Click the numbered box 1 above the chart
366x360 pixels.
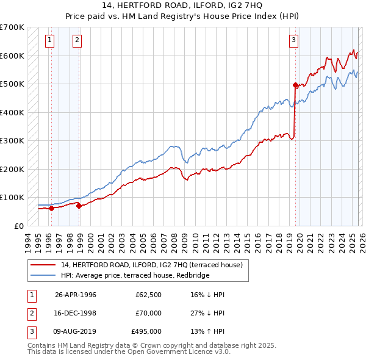click(49, 41)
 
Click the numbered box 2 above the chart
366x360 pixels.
click(77, 41)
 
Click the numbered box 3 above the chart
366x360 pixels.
click(293, 41)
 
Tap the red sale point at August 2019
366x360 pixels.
click(296, 85)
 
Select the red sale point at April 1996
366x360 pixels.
click(51, 208)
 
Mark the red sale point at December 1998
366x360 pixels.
click(79, 206)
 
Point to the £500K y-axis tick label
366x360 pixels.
click(12, 84)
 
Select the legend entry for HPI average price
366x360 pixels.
click(135, 275)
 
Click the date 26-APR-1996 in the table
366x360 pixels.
click(75, 295)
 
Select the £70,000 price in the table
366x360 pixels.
click(148, 313)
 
